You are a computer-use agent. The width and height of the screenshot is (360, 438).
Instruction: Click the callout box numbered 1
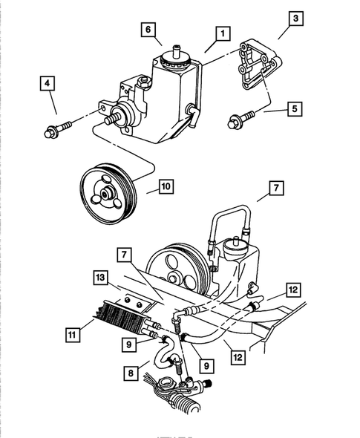221,33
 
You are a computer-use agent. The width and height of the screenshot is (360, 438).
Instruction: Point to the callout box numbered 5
295,109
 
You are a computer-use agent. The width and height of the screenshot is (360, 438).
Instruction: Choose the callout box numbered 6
148,29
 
